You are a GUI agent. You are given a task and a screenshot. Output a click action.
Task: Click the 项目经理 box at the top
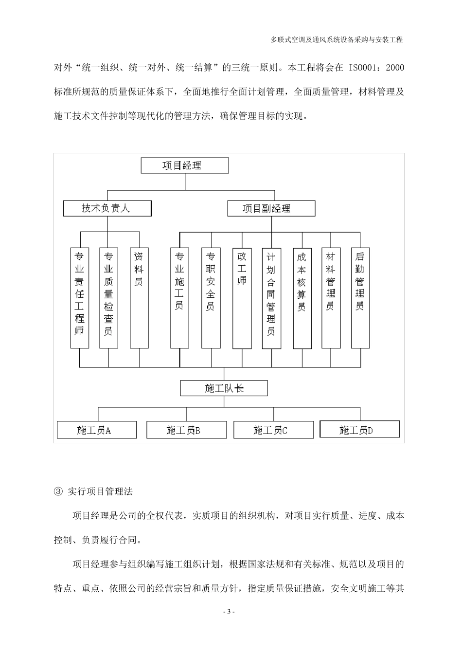[185, 165]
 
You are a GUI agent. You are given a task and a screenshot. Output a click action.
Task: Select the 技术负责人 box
[107, 209]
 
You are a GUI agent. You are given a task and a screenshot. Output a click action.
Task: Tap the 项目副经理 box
[271, 209]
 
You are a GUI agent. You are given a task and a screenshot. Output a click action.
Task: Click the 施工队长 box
[224, 388]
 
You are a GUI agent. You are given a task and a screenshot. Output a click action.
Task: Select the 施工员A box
[96, 430]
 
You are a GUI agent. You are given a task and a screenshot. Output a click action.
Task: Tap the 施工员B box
[186, 430]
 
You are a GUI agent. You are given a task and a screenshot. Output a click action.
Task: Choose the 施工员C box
[273, 430]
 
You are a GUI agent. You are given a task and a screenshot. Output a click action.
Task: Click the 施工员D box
[360, 429]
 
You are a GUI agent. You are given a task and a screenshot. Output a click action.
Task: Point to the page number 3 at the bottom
[229, 612]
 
